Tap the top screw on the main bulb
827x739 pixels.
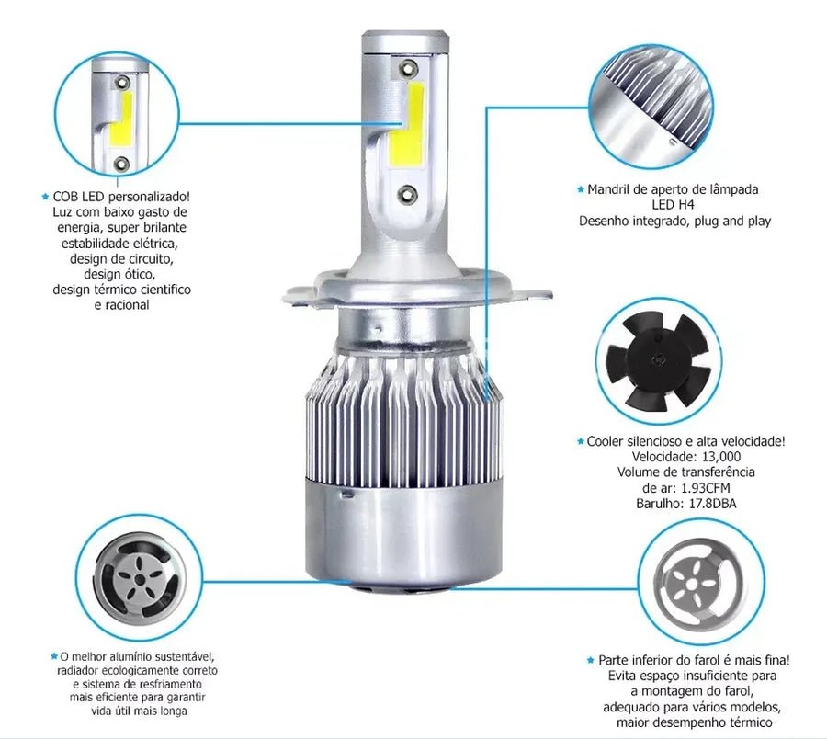pos(406,67)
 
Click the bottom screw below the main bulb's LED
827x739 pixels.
pos(406,193)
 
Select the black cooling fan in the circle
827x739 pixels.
pos(658,361)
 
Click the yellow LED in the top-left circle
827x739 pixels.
pos(120,120)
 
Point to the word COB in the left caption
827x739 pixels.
pos(65,197)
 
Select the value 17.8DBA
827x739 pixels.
pos(712,504)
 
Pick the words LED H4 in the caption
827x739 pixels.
pos(670,205)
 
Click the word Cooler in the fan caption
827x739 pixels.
pos(606,441)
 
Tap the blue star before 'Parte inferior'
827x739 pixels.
pos(591,660)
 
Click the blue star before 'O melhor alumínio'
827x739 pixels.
pos(54,656)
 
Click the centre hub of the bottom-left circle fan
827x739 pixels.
pos(140,580)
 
